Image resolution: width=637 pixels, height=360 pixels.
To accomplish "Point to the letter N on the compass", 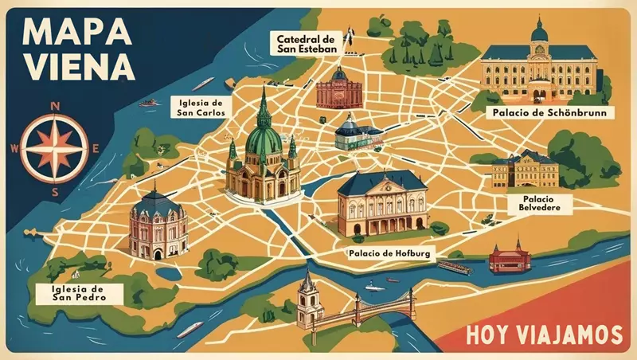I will (x=54, y=105).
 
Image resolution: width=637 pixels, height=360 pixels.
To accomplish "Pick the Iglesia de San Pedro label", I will (x=70, y=292).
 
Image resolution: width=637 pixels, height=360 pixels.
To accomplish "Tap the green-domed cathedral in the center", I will (x=263, y=155).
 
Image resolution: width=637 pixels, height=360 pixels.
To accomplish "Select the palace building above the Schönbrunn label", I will (x=539, y=68).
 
